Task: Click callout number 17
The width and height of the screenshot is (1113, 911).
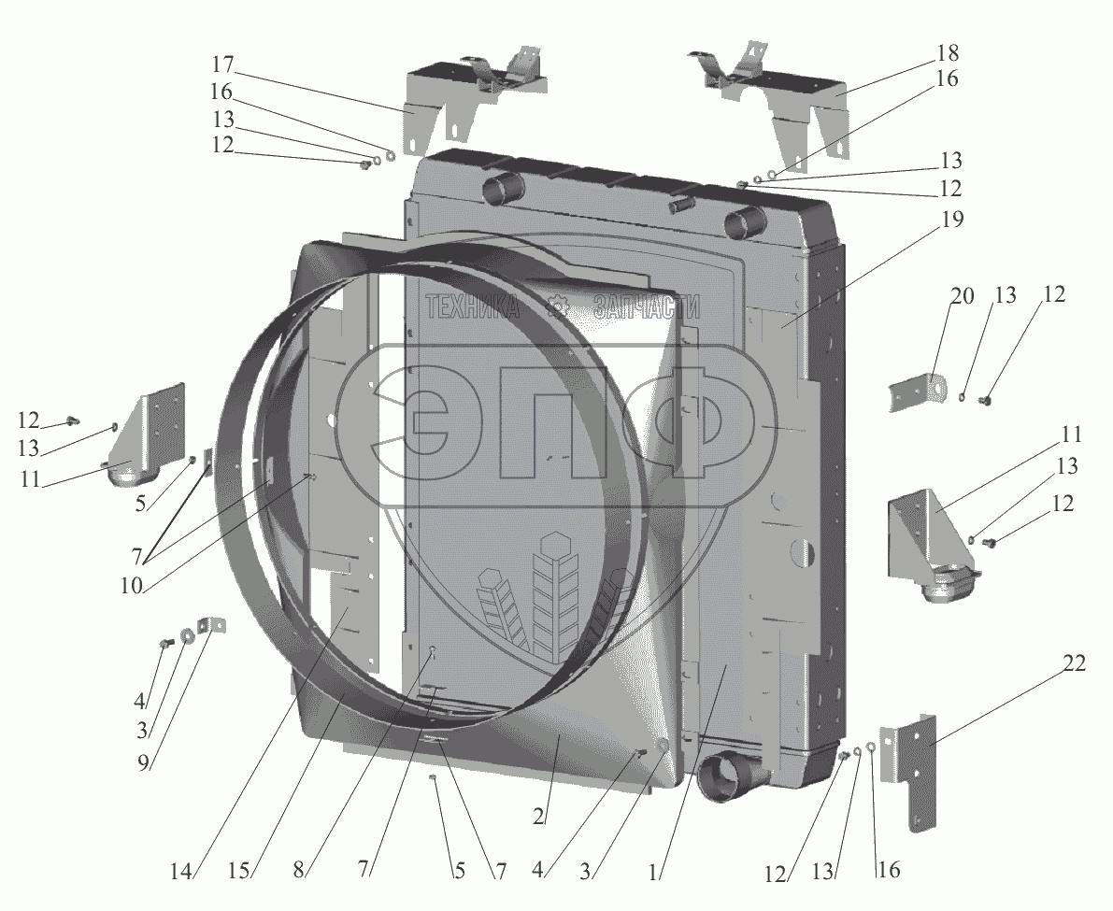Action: [x=222, y=64]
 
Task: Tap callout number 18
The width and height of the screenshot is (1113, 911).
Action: [x=947, y=53]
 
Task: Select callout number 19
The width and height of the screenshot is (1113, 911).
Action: [x=952, y=220]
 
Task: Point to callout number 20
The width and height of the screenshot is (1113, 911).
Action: [x=963, y=296]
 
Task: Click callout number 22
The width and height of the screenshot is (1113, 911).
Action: [x=1074, y=664]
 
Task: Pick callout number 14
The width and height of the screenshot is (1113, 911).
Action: [x=181, y=871]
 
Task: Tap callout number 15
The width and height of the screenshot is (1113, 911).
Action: [x=239, y=870]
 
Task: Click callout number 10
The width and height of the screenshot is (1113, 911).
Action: [x=132, y=585]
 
